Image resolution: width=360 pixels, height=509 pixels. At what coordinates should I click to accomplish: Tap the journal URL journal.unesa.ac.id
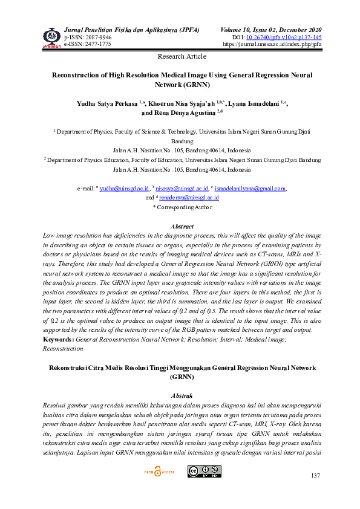pyautogui.click(x=272, y=44)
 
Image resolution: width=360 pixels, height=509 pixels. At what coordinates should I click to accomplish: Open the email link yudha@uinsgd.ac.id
pyautogui.click(x=124, y=189)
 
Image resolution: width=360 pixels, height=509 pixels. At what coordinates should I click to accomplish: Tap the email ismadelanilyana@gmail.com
pyautogui.click(x=250, y=189)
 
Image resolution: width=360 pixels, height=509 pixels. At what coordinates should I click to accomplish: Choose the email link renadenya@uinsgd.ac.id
pyautogui.click(x=189, y=197)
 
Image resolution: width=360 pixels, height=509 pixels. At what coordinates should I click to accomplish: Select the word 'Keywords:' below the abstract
pyautogui.click(x=59, y=340)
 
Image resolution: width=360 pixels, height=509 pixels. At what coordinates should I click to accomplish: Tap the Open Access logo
pyautogui.click(x=159, y=472)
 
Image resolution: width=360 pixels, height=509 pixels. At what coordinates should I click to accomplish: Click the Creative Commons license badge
pyautogui.click(x=204, y=471)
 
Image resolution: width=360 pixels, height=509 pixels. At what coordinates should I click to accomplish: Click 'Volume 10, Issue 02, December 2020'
pyautogui.click(x=272, y=30)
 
